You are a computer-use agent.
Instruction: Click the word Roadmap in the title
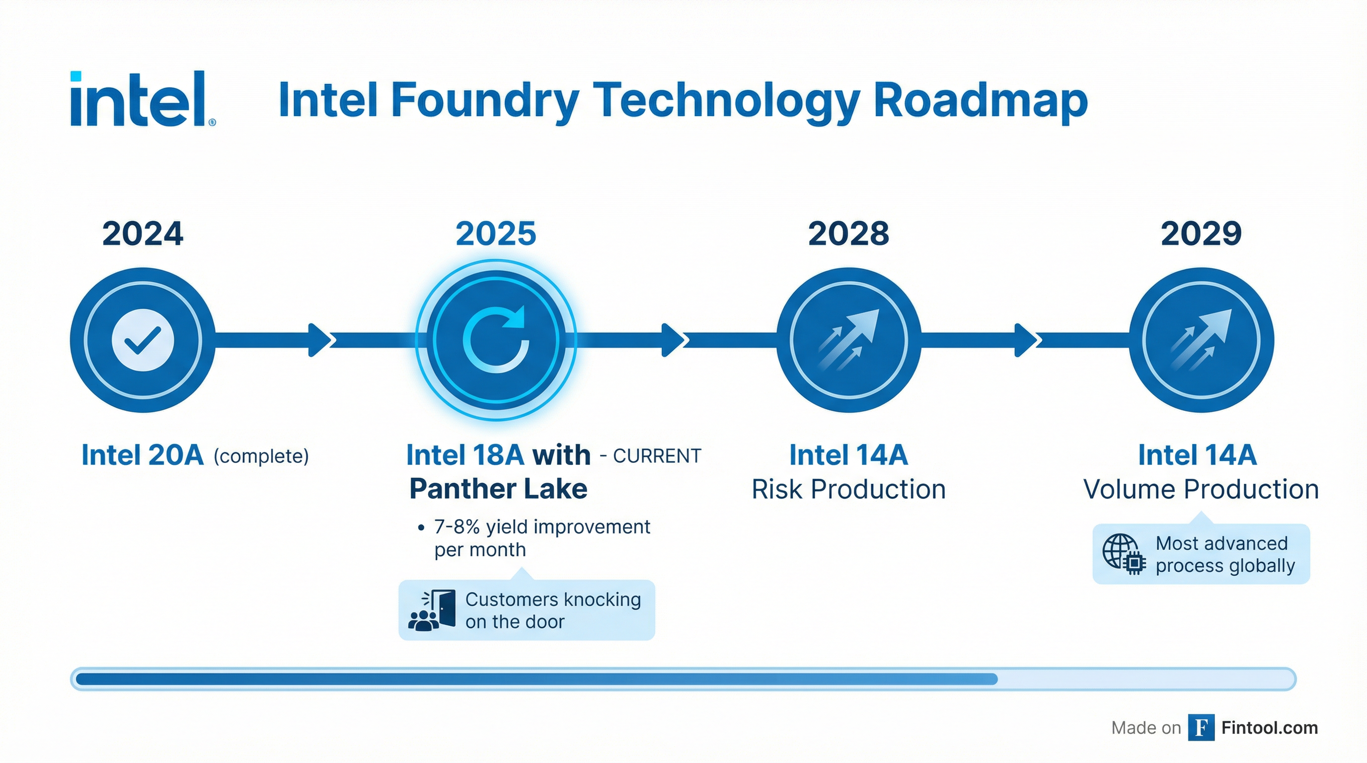(980, 100)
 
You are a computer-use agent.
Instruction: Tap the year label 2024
(142, 233)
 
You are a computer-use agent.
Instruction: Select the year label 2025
(496, 233)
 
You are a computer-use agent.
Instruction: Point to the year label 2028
(848, 233)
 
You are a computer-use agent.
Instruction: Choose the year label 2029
(1201, 233)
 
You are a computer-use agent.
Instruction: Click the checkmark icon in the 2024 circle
(142, 340)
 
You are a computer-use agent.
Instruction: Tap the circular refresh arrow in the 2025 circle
(496, 340)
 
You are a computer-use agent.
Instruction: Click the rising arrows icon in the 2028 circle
(848, 340)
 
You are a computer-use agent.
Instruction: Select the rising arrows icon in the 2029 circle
(1201, 340)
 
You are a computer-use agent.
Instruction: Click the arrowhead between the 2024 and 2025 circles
(320, 340)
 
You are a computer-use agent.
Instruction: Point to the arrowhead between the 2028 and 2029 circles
(1025, 340)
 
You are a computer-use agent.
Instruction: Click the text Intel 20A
(142, 455)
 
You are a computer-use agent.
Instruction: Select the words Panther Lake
(498, 489)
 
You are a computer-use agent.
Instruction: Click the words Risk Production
(848, 489)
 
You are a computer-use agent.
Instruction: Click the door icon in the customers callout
(445, 608)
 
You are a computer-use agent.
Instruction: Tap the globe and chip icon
(1124, 554)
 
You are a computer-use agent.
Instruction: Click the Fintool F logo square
(1201, 727)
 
